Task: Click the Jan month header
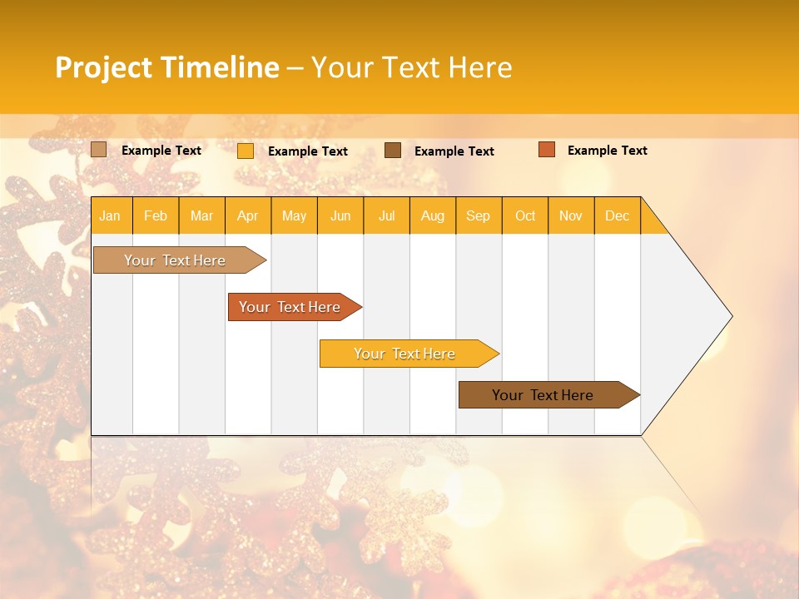point(111,215)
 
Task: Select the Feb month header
point(156,215)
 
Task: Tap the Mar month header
point(201,215)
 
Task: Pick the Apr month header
point(248,215)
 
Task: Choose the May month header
point(294,215)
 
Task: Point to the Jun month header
point(340,215)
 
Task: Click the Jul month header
point(386,215)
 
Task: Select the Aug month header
point(433,215)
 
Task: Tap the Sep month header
point(479,215)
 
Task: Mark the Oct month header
point(525,215)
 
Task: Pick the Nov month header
point(571,215)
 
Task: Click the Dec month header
point(618,215)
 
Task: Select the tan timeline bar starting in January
point(176,260)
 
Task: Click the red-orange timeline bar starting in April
point(290,307)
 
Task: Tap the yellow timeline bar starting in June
point(405,354)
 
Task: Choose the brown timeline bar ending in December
point(543,395)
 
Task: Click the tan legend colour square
point(99,150)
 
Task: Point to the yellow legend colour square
point(246,151)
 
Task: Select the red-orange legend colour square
point(547,150)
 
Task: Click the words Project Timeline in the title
point(167,67)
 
